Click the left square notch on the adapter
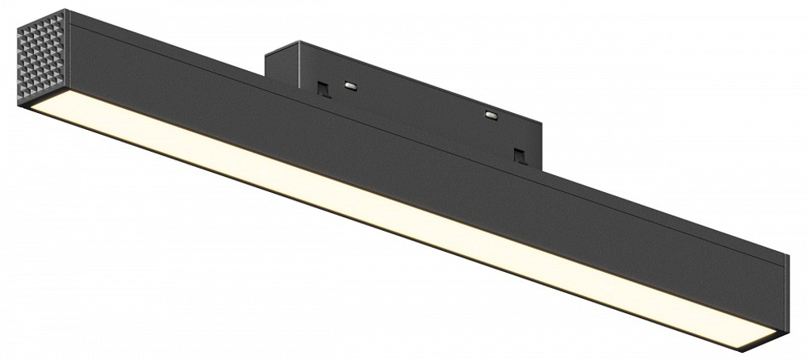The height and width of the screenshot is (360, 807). point(323,86)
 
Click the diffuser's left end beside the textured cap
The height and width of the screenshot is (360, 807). point(36,110)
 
